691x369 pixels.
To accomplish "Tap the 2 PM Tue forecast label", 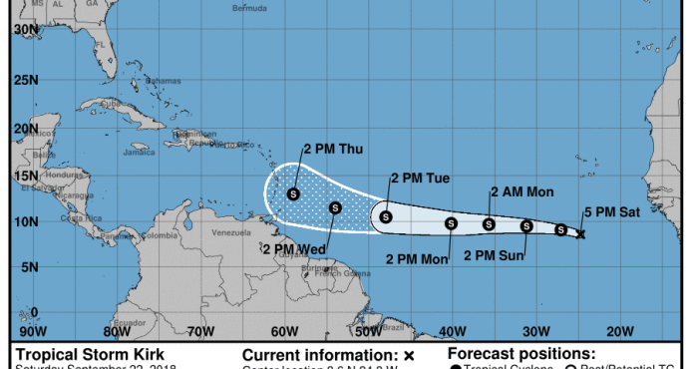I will pyautogui.click(x=420, y=179).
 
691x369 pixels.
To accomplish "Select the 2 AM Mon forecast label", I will pyautogui.click(x=523, y=192).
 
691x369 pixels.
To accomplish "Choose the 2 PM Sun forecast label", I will pyautogui.click(x=495, y=255).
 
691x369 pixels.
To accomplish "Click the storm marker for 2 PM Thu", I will pyautogui.click(x=293, y=193).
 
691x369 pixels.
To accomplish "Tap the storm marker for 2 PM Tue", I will pyautogui.click(x=386, y=216).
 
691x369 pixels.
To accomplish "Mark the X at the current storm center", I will pyautogui.click(x=581, y=234).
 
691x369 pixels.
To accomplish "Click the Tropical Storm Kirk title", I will pyautogui.click(x=89, y=354).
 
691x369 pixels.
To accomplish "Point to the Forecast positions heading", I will pyautogui.click(x=521, y=353).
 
